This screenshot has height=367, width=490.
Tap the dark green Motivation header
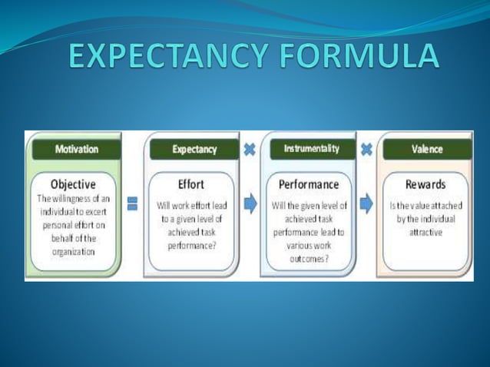[76, 150]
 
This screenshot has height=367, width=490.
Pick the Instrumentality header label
[311, 149]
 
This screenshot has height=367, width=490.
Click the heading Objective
[73, 184]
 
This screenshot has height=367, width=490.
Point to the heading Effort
[190, 184]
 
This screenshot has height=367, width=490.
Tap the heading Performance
[308, 184]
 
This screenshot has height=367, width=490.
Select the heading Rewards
[425, 184]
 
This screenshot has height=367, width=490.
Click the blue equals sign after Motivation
[132, 203]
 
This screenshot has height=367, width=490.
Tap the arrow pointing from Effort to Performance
[250, 203]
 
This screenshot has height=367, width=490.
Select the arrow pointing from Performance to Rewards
[366, 203]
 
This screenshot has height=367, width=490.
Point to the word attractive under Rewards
[425, 231]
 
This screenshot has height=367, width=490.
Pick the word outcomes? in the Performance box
[308, 260]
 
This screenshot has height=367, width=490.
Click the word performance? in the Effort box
[190, 245]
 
